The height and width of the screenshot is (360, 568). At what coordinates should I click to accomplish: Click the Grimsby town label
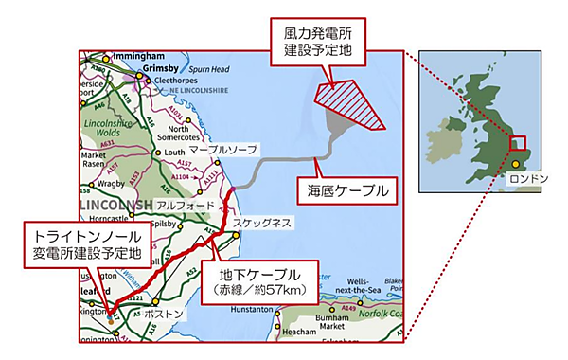pyautogui.click(x=163, y=70)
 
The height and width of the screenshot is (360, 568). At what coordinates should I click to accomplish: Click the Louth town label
pyautogui.click(x=174, y=153)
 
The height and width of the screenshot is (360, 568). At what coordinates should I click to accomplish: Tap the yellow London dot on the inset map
pyautogui.click(x=516, y=164)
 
